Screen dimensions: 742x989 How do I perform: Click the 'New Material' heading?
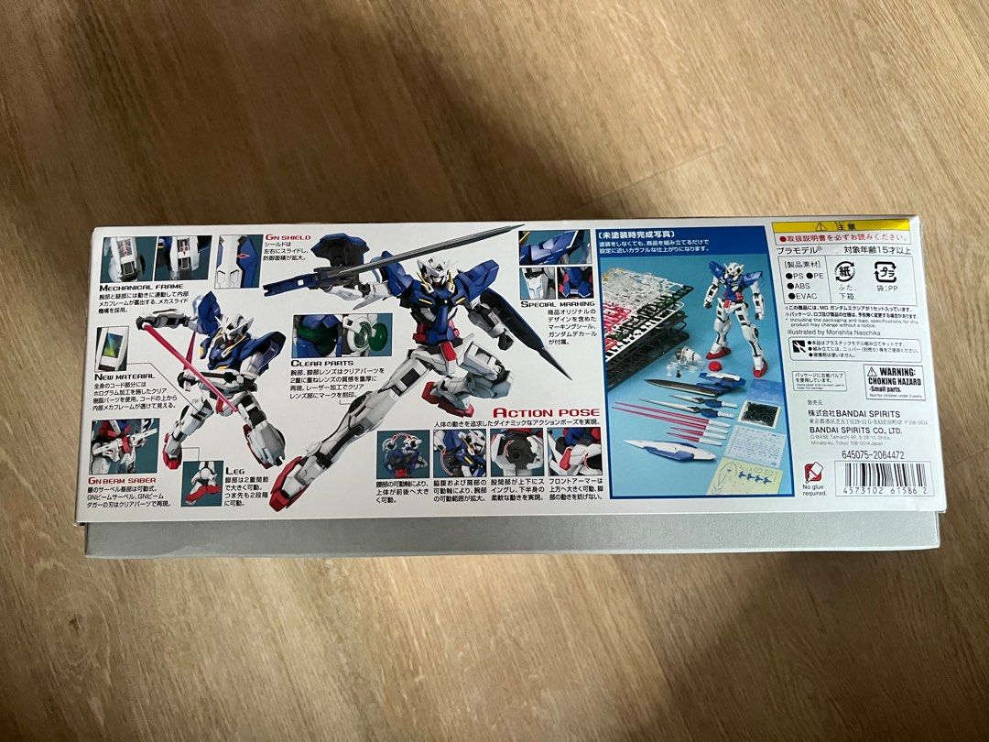click(124, 376)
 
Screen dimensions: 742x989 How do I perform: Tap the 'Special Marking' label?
click(557, 304)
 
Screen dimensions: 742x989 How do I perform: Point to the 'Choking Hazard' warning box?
click(886, 380)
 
